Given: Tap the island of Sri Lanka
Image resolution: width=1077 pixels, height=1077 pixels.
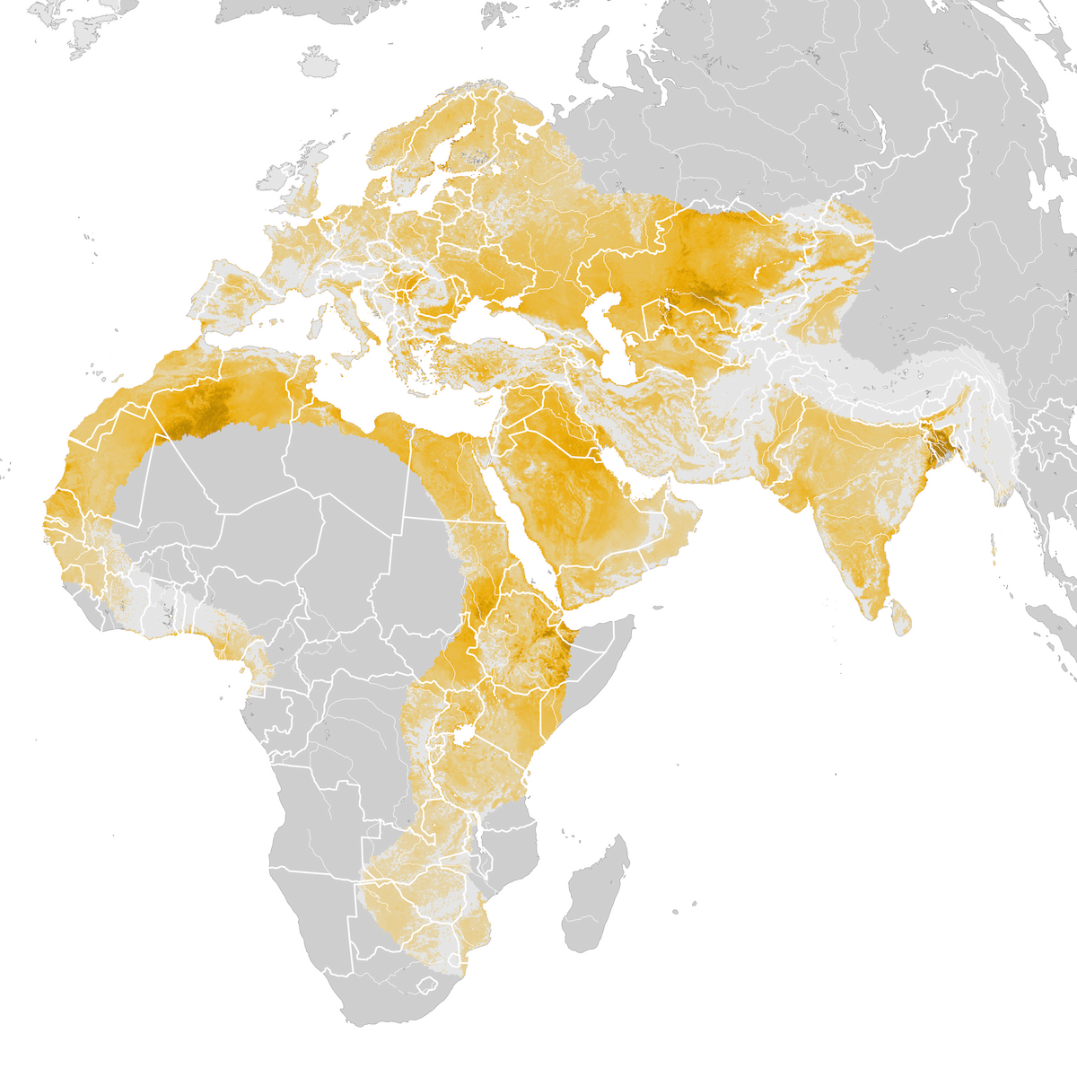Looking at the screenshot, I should point(901,617).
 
